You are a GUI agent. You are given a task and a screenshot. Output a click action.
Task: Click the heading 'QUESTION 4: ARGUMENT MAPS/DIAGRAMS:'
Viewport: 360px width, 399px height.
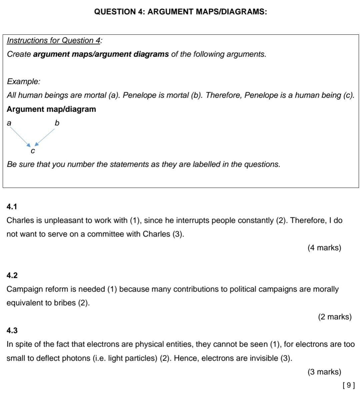pos(180,12)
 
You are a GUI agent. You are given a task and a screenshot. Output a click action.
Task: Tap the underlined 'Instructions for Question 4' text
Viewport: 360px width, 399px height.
pos(54,41)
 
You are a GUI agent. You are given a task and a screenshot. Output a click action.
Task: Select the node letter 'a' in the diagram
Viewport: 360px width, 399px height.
pos(9,123)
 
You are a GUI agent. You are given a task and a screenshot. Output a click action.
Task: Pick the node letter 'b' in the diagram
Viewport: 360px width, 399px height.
pos(57,123)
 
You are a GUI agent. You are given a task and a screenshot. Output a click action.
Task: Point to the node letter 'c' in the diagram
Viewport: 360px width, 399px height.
pos(32,151)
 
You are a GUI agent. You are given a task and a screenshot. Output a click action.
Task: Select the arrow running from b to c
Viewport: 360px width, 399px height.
pos(45,137)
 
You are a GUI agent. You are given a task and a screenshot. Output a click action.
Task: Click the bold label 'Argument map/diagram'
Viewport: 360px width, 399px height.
pos(51,109)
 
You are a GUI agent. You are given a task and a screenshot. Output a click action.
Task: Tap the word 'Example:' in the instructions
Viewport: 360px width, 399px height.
pos(23,82)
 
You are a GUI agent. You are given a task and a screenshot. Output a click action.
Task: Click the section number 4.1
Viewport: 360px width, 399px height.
pos(12,207)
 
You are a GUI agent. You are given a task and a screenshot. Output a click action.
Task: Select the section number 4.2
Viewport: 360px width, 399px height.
pos(12,276)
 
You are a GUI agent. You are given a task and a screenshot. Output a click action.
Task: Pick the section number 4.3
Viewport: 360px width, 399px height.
pos(12,331)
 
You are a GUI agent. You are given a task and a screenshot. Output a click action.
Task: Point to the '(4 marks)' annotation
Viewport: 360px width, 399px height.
pos(324,248)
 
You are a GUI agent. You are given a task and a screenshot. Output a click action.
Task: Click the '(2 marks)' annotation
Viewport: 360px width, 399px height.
pos(335,317)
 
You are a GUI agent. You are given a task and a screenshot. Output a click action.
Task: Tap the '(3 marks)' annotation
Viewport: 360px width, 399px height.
pos(324,372)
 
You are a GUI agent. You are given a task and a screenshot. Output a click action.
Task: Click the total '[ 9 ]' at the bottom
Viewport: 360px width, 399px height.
pos(348,385)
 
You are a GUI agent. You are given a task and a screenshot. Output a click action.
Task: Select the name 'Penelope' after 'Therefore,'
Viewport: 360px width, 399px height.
pos(261,95)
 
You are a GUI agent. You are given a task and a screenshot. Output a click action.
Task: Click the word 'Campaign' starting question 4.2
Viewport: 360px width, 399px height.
pos(22,289)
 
